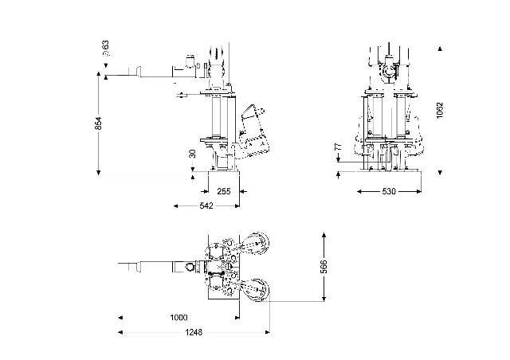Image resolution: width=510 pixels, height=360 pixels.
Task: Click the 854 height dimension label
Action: click(99, 123)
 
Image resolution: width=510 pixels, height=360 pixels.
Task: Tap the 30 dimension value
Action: click(192, 154)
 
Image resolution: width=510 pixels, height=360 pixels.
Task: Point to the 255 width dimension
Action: click(223, 191)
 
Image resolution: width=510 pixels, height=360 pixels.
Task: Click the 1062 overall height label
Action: click(440, 110)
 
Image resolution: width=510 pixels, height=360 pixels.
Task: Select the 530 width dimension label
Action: click(389, 192)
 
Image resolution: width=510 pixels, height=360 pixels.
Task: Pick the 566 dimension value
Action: click(324, 268)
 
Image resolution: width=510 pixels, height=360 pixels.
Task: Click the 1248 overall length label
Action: click(193, 332)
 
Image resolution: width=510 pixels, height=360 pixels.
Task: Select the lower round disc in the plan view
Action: click(257, 289)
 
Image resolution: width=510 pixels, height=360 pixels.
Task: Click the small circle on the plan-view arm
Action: click(190, 267)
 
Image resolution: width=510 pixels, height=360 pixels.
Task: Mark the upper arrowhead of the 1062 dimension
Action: click(439, 49)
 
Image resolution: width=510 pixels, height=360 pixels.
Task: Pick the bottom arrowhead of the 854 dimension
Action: click(98, 170)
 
